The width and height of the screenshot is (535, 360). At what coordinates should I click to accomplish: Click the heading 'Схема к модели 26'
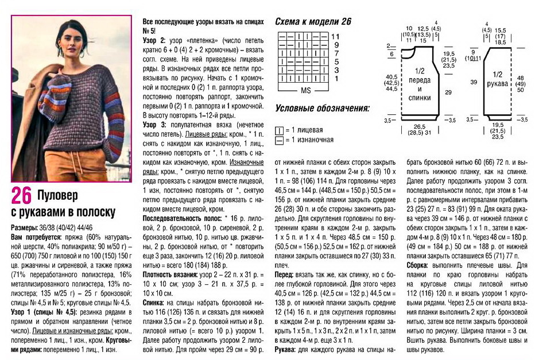(x=313, y=22)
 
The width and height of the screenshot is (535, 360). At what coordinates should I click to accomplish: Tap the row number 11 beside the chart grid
(x=336, y=36)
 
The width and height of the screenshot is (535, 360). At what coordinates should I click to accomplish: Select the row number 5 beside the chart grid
(x=336, y=61)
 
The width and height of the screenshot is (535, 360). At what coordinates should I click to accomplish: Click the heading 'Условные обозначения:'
(x=322, y=108)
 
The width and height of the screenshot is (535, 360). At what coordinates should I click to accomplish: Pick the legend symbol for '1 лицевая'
(x=280, y=130)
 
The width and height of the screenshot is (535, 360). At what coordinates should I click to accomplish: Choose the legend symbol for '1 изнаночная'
(x=280, y=140)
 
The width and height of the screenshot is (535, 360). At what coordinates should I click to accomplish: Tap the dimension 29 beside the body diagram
(x=447, y=92)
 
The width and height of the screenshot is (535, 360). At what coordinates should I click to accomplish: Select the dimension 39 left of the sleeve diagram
(x=474, y=82)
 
